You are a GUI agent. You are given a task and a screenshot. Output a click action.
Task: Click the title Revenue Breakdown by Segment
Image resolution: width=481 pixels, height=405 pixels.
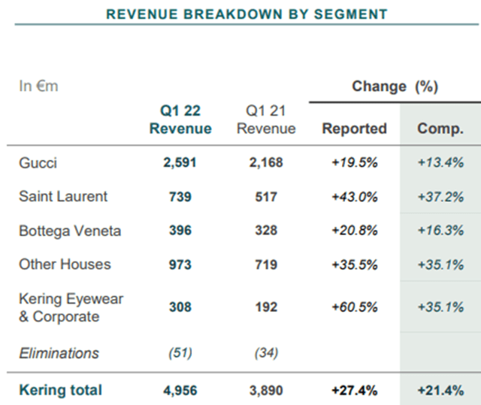point(247,14)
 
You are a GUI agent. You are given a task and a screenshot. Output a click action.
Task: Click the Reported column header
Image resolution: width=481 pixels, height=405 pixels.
point(354,128)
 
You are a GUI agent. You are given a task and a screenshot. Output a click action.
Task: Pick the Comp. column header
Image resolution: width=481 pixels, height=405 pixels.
point(440,128)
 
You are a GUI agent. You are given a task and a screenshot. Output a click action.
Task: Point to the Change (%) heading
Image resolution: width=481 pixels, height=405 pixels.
point(395,86)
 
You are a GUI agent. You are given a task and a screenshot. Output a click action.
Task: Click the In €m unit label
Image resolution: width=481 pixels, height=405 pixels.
point(38,86)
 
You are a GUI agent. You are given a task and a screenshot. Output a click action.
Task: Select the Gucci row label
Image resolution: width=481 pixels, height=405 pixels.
point(38,162)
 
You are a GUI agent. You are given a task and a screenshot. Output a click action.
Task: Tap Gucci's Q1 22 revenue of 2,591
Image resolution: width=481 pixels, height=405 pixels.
point(180,162)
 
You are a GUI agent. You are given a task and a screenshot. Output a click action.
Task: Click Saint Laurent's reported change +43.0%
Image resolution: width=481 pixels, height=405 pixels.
point(354,197)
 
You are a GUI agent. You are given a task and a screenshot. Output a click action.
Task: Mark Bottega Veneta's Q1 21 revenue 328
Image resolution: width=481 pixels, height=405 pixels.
point(266,231)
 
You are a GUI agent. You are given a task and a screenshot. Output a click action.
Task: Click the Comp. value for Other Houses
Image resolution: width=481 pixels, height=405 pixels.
point(440,264)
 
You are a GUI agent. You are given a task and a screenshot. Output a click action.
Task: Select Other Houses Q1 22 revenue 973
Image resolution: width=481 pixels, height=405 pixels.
point(180,264)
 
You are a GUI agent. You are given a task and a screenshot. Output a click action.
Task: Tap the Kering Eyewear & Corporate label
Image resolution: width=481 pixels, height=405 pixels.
point(71,307)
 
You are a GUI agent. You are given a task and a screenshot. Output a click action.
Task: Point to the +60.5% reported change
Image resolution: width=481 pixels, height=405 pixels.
point(354,307)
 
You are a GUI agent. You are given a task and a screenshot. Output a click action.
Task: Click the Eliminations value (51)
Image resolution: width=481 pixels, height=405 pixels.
point(180,353)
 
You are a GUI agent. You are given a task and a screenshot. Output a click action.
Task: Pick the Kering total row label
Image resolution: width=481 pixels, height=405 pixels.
point(60,389)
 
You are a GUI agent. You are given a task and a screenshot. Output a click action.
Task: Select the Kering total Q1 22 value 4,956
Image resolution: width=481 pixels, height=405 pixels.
point(180,389)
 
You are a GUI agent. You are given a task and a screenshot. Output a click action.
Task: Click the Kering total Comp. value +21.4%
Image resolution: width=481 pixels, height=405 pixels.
point(440,389)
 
